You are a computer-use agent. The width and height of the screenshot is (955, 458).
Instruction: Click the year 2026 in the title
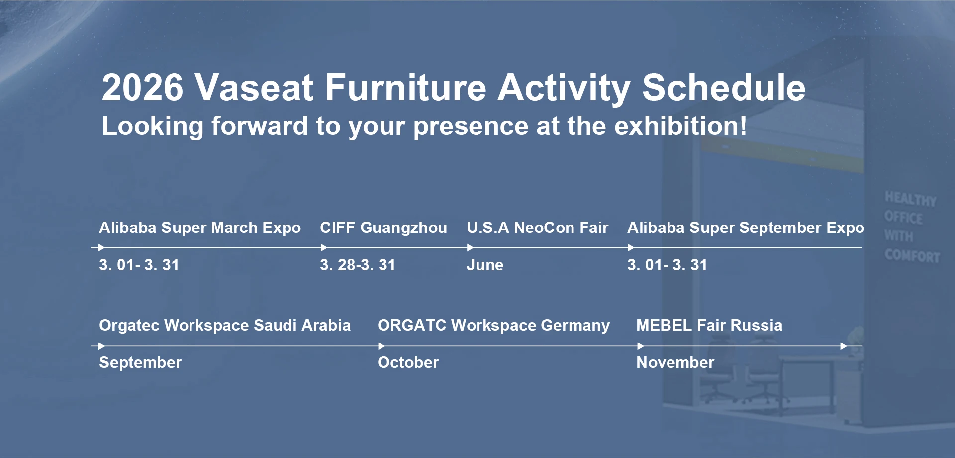(143, 88)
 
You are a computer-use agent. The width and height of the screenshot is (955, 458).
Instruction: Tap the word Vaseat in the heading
(254, 88)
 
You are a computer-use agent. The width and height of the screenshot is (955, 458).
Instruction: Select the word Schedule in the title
(724, 88)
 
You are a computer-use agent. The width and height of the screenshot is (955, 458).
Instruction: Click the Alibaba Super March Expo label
(200, 228)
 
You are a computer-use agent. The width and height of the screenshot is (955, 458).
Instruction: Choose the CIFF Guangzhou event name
(383, 228)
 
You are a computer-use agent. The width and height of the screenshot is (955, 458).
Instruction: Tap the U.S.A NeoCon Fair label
(537, 228)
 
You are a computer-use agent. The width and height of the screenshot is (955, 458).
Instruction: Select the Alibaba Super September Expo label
(746, 228)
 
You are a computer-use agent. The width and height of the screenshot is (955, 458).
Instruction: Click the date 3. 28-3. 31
(358, 265)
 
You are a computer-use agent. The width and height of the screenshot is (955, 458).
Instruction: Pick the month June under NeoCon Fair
(485, 265)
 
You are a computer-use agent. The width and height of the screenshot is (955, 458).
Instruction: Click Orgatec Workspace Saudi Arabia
(225, 325)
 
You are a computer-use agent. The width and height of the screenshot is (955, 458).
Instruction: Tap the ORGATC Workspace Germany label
(493, 325)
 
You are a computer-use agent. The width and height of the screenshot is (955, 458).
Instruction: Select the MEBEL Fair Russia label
(709, 325)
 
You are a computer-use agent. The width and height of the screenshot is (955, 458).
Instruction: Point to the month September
(140, 362)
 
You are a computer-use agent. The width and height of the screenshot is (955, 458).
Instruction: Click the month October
(408, 362)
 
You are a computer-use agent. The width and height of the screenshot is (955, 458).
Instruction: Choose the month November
(675, 362)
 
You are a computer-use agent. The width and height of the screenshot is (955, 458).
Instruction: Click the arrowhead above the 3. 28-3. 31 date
(324, 247)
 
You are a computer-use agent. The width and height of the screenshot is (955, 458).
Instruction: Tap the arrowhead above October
(382, 346)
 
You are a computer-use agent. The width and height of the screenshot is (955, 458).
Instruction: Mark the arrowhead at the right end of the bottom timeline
(844, 346)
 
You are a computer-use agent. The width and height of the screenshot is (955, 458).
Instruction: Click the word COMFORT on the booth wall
(912, 256)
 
